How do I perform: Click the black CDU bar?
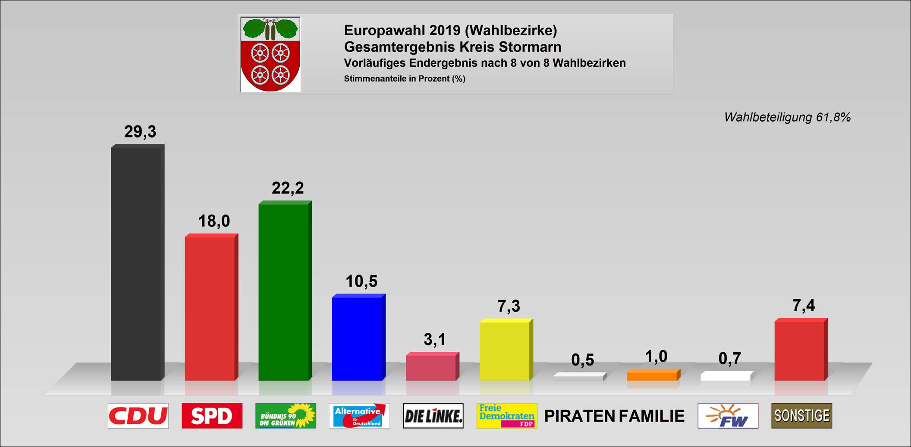pos(137,263)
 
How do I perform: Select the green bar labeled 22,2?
pos(284,291)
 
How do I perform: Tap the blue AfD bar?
pos(358,338)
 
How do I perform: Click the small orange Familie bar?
pos(653,375)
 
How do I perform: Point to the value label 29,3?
pos(140,131)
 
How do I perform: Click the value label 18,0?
pos(214,221)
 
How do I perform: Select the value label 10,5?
pos(361,281)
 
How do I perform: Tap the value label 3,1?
pos(434,340)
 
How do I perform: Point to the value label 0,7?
pos(730,359)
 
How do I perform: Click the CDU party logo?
pos(138,416)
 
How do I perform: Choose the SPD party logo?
pos(212,416)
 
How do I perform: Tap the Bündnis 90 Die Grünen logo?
pos(286,416)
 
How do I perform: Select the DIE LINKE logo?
pos(433,416)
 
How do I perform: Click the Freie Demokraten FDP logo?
pos(507,416)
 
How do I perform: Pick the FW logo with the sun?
pos(728,416)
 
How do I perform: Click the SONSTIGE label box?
pos(801,416)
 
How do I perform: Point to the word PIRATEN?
pos(580,416)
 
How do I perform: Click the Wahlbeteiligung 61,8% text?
pos(787,117)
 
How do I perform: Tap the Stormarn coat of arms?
pos(270,54)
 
